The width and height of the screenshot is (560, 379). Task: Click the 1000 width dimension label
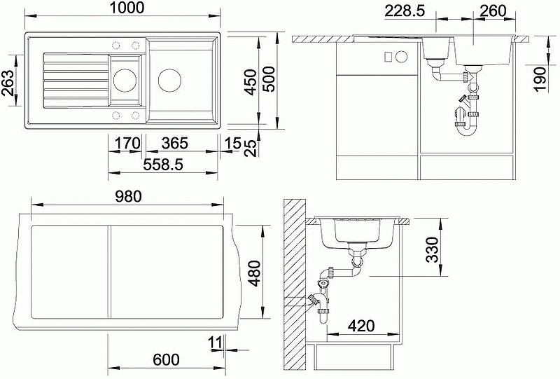click(x=127, y=8)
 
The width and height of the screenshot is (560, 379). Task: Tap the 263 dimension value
click(x=8, y=82)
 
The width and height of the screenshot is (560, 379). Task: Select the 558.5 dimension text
click(x=163, y=165)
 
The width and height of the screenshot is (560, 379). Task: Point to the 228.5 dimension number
click(x=405, y=11)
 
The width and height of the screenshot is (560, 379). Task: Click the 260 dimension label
click(x=493, y=11)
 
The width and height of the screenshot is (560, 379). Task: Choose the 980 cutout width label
click(x=128, y=196)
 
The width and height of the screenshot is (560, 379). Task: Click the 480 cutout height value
click(x=255, y=273)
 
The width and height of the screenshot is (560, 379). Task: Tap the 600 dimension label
click(x=166, y=359)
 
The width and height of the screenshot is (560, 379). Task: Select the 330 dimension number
click(x=432, y=249)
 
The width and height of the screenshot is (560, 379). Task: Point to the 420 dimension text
click(x=360, y=326)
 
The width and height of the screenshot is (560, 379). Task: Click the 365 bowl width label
click(x=174, y=143)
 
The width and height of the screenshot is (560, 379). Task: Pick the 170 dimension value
click(x=127, y=143)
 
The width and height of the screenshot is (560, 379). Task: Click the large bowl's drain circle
click(x=169, y=80)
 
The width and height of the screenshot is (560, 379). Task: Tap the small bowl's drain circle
click(x=125, y=80)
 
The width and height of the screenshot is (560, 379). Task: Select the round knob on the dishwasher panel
click(x=402, y=57)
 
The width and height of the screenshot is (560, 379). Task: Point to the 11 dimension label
click(x=215, y=342)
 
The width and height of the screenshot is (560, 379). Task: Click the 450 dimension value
click(x=251, y=82)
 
